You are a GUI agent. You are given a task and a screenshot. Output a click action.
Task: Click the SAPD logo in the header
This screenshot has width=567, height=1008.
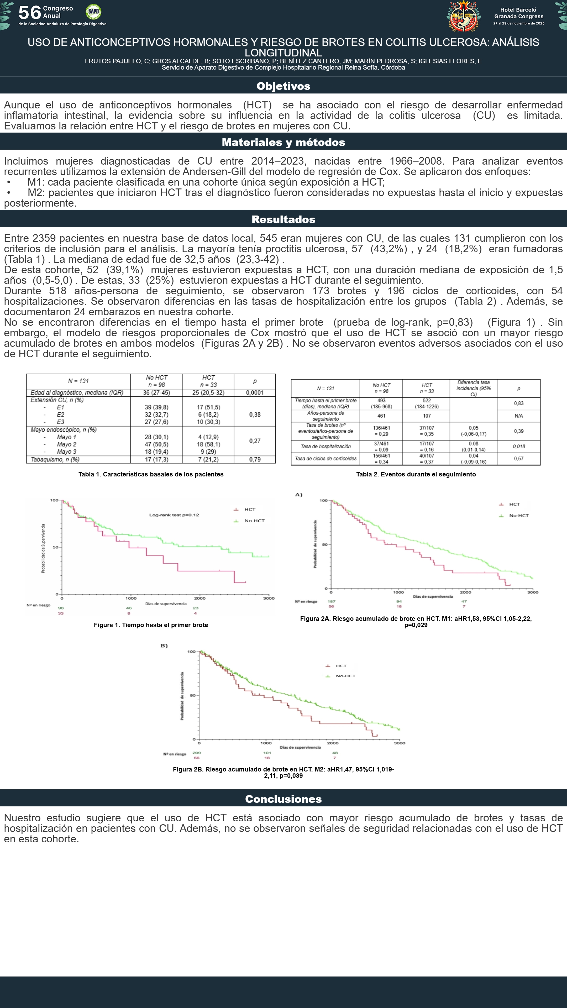click(93, 12)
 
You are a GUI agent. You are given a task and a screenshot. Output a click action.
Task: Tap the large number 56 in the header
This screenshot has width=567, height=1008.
click(30, 13)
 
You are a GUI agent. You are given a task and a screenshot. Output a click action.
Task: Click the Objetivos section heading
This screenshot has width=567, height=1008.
click(283, 86)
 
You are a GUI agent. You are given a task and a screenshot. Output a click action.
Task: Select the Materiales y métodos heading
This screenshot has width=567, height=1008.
click(283, 143)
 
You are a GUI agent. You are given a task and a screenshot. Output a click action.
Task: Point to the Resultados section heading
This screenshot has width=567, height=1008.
click(283, 219)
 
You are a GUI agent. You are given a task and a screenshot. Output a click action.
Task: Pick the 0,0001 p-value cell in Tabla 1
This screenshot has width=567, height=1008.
click(255, 392)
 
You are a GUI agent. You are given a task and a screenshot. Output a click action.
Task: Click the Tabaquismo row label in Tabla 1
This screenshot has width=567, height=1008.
click(55, 459)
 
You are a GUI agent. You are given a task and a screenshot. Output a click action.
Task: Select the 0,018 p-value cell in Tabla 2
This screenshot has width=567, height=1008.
click(518, 447)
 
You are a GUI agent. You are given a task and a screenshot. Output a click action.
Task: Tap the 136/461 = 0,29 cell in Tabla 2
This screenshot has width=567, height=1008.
click(381, 431)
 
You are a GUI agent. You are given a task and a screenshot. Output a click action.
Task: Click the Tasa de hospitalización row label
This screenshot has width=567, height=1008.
click(325, 447)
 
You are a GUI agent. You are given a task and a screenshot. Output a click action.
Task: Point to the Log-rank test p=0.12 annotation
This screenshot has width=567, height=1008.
click(174, 515)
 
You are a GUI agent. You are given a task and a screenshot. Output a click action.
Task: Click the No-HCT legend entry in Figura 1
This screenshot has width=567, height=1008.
click(254, 521)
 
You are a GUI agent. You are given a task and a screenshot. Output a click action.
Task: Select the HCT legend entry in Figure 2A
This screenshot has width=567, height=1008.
click(514, 504)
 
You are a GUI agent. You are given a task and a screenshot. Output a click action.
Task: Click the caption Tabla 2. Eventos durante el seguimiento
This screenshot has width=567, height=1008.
click(416, 474)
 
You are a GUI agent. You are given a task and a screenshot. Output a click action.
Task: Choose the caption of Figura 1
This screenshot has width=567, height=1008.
click(151, 625)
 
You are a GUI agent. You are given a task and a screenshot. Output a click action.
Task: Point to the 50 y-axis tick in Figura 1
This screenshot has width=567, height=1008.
click(55, 547)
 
